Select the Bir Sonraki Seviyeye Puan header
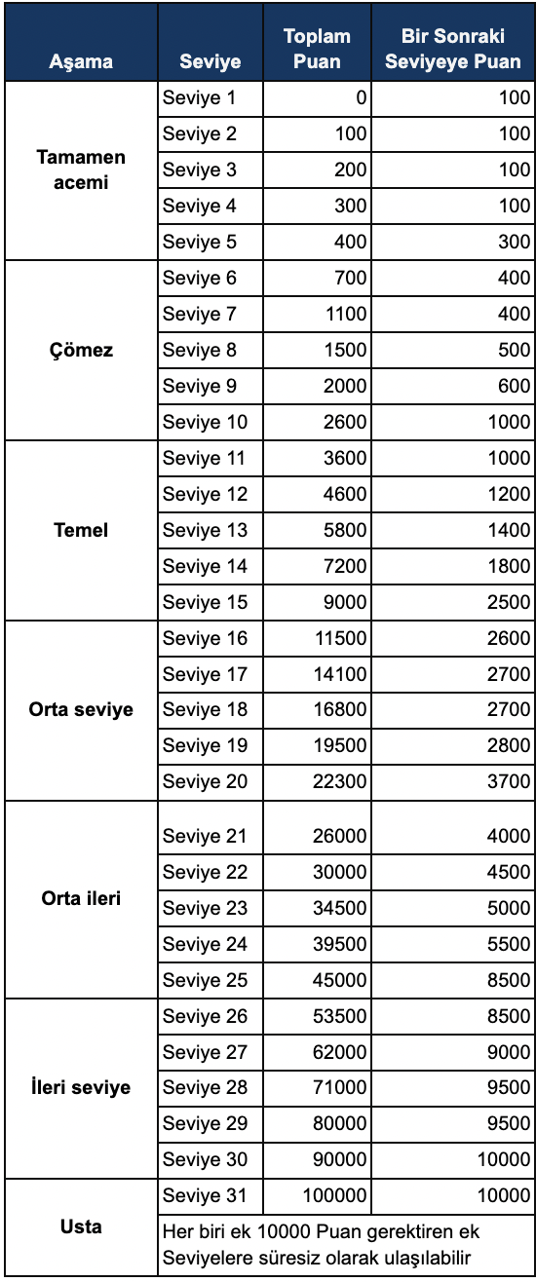click(452, 49)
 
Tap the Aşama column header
click(81, 62)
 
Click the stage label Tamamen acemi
click(81, 170)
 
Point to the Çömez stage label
click(81, 351)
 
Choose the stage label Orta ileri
click(81, 898)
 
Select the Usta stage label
click(81, 1226)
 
